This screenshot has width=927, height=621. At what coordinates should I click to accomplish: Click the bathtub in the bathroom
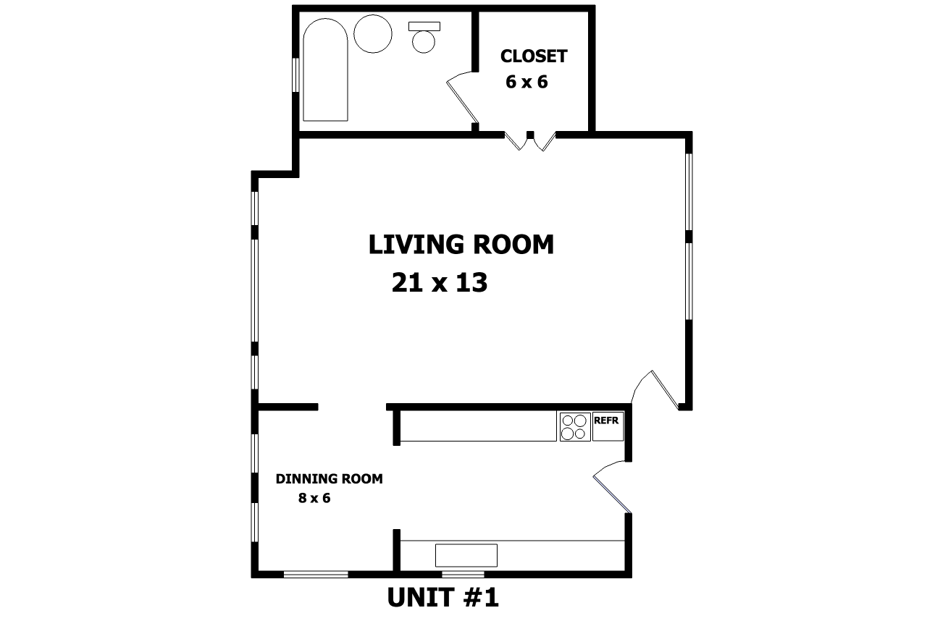[325, 69]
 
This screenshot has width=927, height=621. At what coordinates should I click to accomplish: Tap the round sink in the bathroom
[373, 34]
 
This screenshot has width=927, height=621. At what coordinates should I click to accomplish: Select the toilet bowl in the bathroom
[424, 42]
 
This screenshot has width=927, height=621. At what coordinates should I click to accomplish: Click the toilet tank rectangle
[424, 26]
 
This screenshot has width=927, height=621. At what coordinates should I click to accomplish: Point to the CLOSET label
[534, 56]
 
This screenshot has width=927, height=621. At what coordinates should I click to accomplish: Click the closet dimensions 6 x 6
[527, 82]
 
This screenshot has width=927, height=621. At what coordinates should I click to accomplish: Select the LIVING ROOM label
[461, 245]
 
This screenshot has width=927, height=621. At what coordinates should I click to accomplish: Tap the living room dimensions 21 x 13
[440, 283]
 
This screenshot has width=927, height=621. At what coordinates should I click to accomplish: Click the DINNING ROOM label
[329, 478]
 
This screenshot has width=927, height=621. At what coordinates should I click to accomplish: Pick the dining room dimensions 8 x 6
[314, 498]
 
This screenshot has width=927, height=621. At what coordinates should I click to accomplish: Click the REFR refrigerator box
[608, 426]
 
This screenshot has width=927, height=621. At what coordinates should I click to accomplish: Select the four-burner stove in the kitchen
[575, 427]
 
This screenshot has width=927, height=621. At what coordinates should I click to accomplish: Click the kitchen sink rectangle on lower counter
[466, 555]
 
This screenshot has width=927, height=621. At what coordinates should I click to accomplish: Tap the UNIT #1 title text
[442, 597]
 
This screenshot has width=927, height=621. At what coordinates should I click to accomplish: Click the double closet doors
[530, 140]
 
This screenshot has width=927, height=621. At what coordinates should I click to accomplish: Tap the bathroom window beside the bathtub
[295, 75]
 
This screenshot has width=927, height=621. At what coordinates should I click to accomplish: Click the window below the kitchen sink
[463, 574]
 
